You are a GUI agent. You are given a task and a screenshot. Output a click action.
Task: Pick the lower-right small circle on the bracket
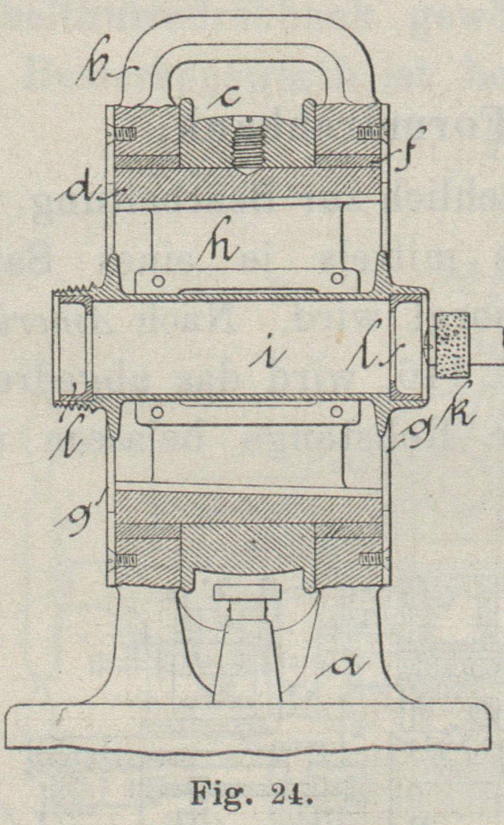pos(337,411)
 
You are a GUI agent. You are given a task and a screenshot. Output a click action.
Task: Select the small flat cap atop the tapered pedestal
pos(247,592)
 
